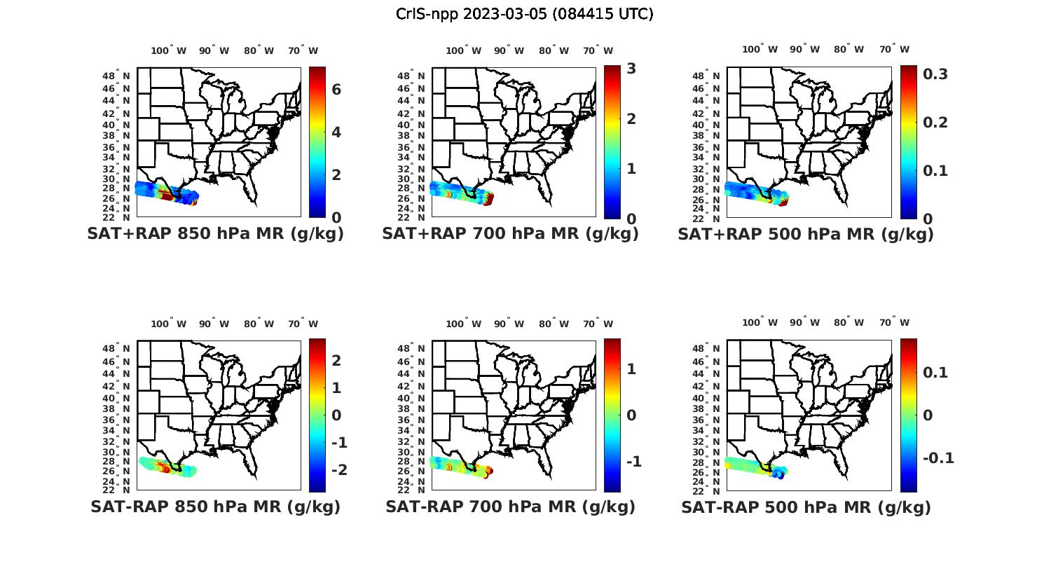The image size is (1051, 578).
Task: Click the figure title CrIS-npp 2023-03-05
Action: [x=524, y=14]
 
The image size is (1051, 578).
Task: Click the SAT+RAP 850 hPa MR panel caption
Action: [x=215, y=234]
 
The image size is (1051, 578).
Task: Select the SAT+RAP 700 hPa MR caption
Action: [x=510, y=234]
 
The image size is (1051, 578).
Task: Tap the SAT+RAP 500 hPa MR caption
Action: [x=806, y=234]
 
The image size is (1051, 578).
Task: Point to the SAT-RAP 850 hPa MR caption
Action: [x=215, y=507]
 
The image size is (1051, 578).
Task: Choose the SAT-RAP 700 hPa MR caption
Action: [x=510, y=507]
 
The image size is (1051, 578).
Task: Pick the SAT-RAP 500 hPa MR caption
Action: [x=806, y=507]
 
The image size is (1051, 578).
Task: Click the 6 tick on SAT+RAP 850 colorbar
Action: [x=336, y=90]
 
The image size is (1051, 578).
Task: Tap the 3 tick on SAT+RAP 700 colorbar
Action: [x=631, y=69]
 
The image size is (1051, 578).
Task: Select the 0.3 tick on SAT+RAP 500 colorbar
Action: [x=935, y=74]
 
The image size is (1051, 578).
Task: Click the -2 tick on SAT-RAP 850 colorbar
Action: [x=338, y=470]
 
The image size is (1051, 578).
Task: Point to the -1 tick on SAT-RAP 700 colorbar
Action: [x=633, y=462]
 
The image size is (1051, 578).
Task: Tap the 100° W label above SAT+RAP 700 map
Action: [x=463, y=50]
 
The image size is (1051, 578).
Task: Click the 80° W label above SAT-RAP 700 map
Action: [x=554, y=324]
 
